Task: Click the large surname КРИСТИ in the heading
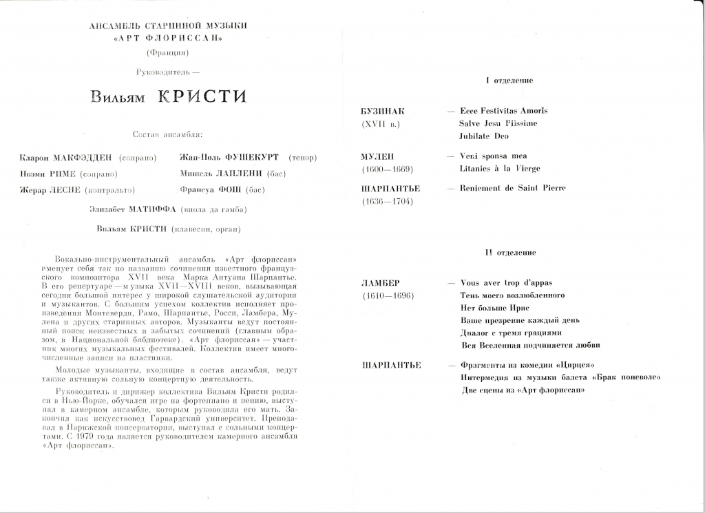pos(202,96)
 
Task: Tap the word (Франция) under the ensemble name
pos(168,52)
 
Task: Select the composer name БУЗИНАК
pos(383,111)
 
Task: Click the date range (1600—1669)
pos(387,169)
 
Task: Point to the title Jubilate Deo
pos(484,136)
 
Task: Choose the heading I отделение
pos(509,81)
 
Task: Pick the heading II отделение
pos(509,253)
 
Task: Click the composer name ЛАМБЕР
pos(380,283)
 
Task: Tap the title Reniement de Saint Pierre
pos(513,188)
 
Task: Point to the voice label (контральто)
pos(110,189)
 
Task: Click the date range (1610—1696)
pos(387,295)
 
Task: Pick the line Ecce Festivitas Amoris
pos(503,111)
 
